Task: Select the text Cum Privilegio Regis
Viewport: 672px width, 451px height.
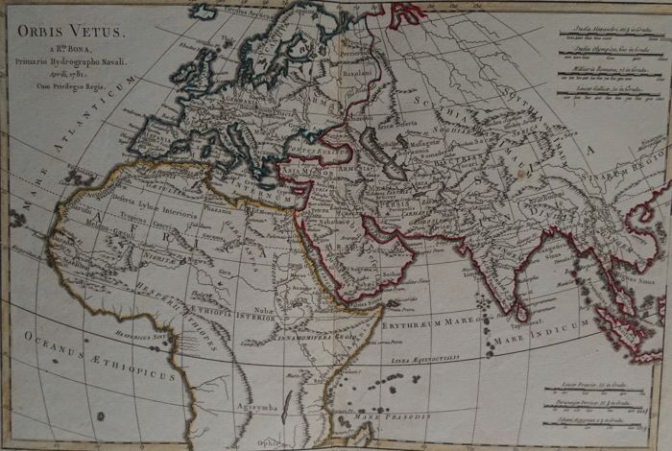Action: pos(73,83)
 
